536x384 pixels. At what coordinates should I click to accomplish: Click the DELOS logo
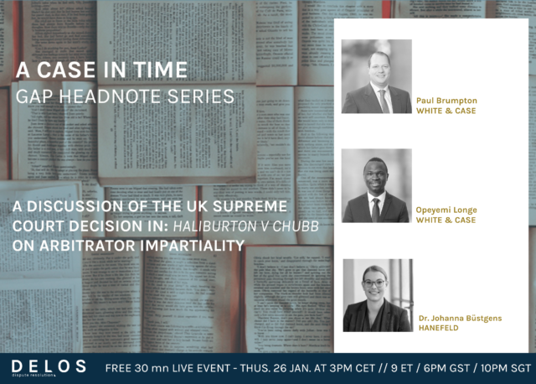tap(49, 367)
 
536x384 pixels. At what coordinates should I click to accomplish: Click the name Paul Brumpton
tap(446, 101)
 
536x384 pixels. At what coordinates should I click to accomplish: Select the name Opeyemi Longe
tap(446, 210)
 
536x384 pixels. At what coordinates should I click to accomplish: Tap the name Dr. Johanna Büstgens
tap(460, 319)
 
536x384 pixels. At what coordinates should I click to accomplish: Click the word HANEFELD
tap(439, 328)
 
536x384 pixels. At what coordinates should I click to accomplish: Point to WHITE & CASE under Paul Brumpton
tap(446, 111)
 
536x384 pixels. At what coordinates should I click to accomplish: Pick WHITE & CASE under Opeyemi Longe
tap(446, 220)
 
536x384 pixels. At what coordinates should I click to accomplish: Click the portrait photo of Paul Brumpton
tap(377, 76)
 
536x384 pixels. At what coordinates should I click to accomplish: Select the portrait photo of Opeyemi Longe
tap(377, 185)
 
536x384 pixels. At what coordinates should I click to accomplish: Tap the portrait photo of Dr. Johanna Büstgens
tap(378, 295)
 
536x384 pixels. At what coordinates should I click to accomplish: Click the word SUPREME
tap(250, 206)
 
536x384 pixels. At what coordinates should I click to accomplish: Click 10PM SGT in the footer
tap(506, 368)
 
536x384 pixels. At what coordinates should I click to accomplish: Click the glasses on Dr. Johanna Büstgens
tap(374, 283)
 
